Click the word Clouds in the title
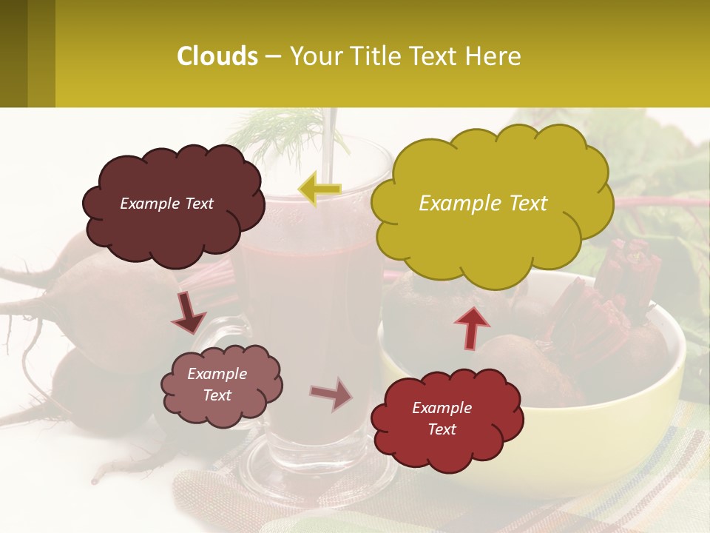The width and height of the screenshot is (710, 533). point(217,56)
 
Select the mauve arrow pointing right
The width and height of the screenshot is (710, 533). point(331,394)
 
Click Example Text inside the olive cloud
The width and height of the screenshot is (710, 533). point(483,203)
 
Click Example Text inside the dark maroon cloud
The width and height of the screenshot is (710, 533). point(166,204)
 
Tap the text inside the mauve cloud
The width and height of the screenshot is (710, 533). point(217,385)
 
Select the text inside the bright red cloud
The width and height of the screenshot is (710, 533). point(442,418)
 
